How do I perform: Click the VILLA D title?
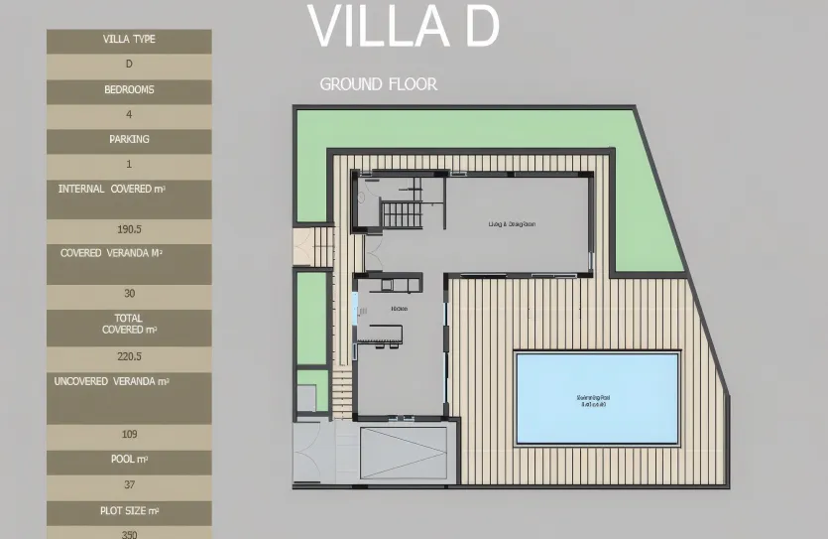click(x=403, y=28)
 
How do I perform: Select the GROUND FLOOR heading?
click(x=378, y=84)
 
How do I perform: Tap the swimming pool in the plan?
click(x=597, y=397)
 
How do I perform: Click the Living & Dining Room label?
click(x=512, y=224)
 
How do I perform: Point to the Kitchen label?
click(x=400, y=309)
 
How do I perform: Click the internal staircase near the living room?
click(x=402, y=214)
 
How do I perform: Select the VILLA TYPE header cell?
click(x=129, y=41)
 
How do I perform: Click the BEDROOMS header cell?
click(x=129, y=90)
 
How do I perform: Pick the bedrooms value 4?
click(x=129, y=115)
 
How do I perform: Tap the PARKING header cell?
click(x=129, y=140)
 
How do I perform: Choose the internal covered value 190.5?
click(x=129, y=229)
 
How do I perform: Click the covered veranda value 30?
click(x=129, y=294)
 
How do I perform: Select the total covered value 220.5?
click(x=129, y=356)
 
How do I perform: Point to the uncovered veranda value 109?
click(x=129, y=434)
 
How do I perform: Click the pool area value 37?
click(x=129, y=484)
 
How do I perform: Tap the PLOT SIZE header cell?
click(x=129, y=511)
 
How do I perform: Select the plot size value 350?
click(x=129, y=533)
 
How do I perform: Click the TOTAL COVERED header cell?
click(x=129, y=324)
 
